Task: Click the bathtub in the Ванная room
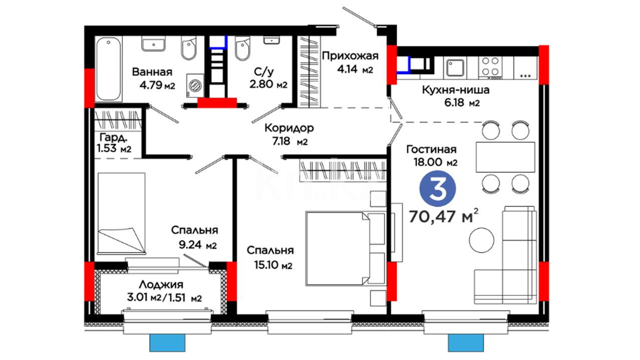point(109,69)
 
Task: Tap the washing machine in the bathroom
point(195,86)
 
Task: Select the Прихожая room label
point(350,55)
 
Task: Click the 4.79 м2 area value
point(157,85)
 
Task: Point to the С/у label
point(264,71)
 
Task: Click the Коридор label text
point(289,128)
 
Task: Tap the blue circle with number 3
point(437,189)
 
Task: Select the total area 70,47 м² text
point(443,216)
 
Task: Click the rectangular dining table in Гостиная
point(505,157)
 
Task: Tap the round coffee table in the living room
point(481,240)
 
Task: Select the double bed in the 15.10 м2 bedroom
point(345,248)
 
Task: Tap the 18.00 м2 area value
point(435,162)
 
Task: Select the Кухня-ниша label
point(455,90)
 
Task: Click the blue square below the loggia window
point(167,342)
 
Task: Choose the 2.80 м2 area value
point(268,84)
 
